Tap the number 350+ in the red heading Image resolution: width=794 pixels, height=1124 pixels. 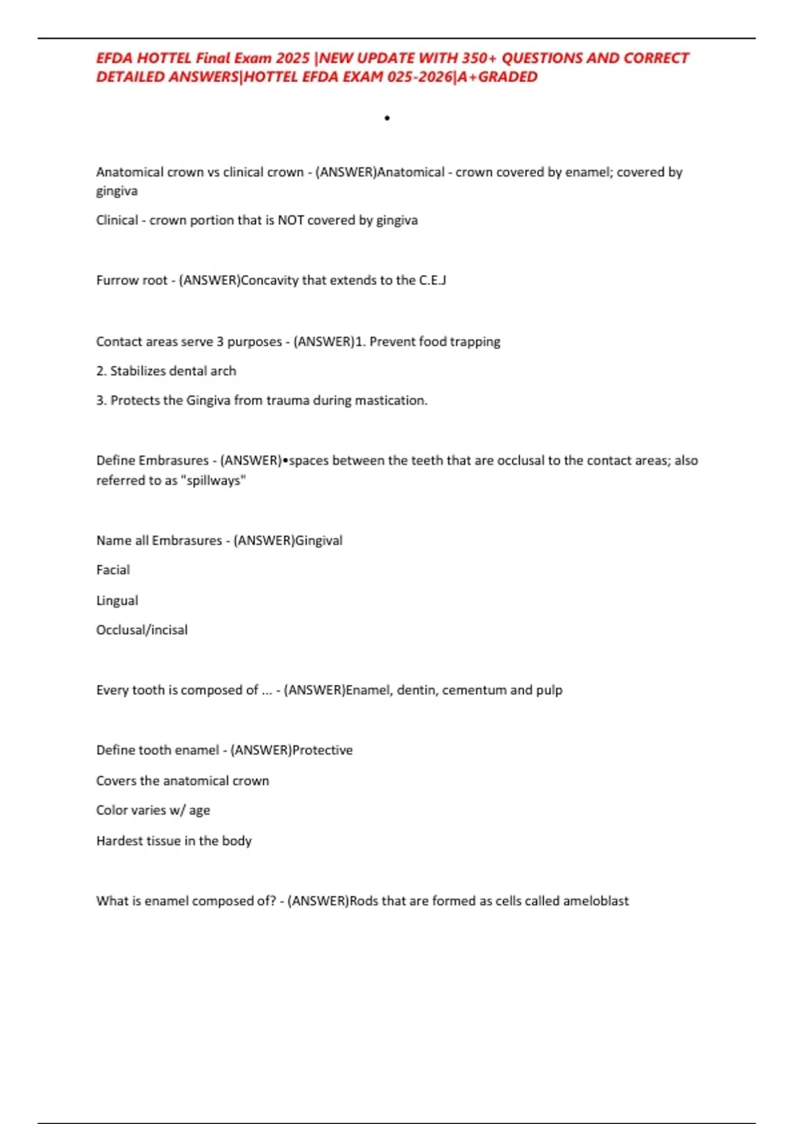pos(479,58)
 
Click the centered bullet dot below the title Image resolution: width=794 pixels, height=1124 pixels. pos(387,118)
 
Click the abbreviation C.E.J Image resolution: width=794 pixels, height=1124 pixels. pos(433,280)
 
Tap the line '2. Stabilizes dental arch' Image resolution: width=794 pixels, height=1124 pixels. pos(166,371)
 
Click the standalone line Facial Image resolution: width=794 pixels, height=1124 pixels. pos(113,570)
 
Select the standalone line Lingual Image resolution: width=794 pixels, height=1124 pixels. pos(117,600)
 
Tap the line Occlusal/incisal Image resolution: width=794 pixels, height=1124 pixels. pos(142,630)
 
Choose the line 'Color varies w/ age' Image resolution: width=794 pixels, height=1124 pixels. pos(153,811)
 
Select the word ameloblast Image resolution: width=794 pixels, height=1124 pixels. pos(595,901)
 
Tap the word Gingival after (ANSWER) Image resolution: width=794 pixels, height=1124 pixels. pos(319,541)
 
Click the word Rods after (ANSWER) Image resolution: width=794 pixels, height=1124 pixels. pos(363,901)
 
